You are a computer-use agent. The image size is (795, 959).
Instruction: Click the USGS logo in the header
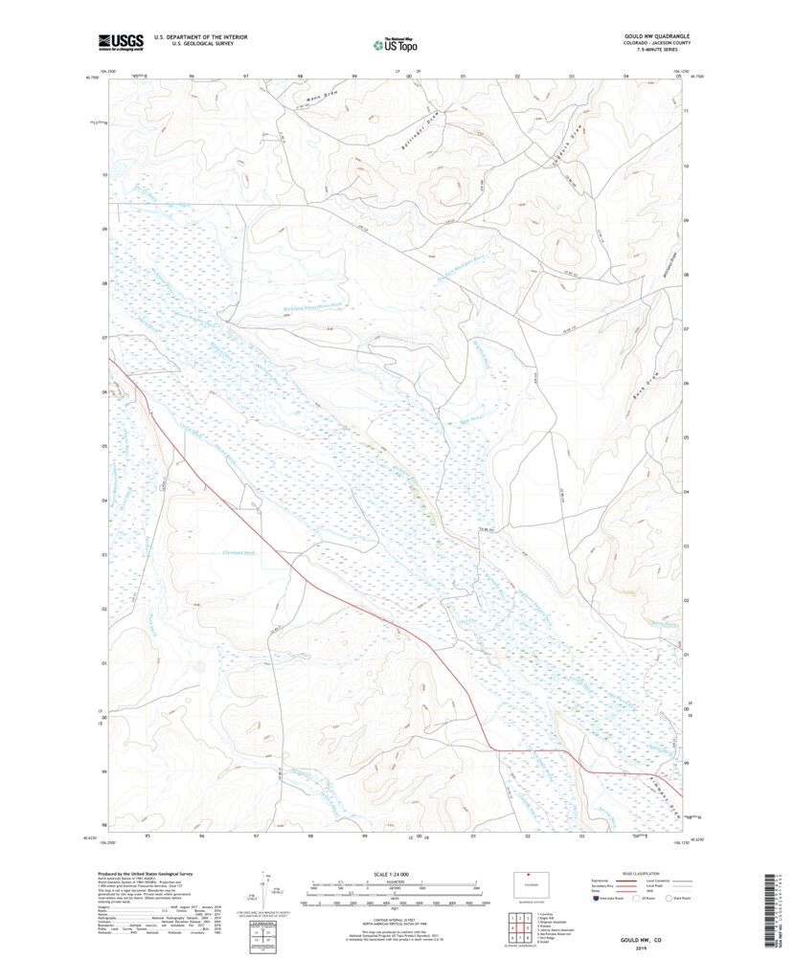point(120,41)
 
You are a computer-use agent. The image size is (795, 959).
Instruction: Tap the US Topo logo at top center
point(395,43)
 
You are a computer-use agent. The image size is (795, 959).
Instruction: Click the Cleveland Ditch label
point(238,552)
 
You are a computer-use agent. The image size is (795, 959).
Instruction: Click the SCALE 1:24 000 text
point(394,874)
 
